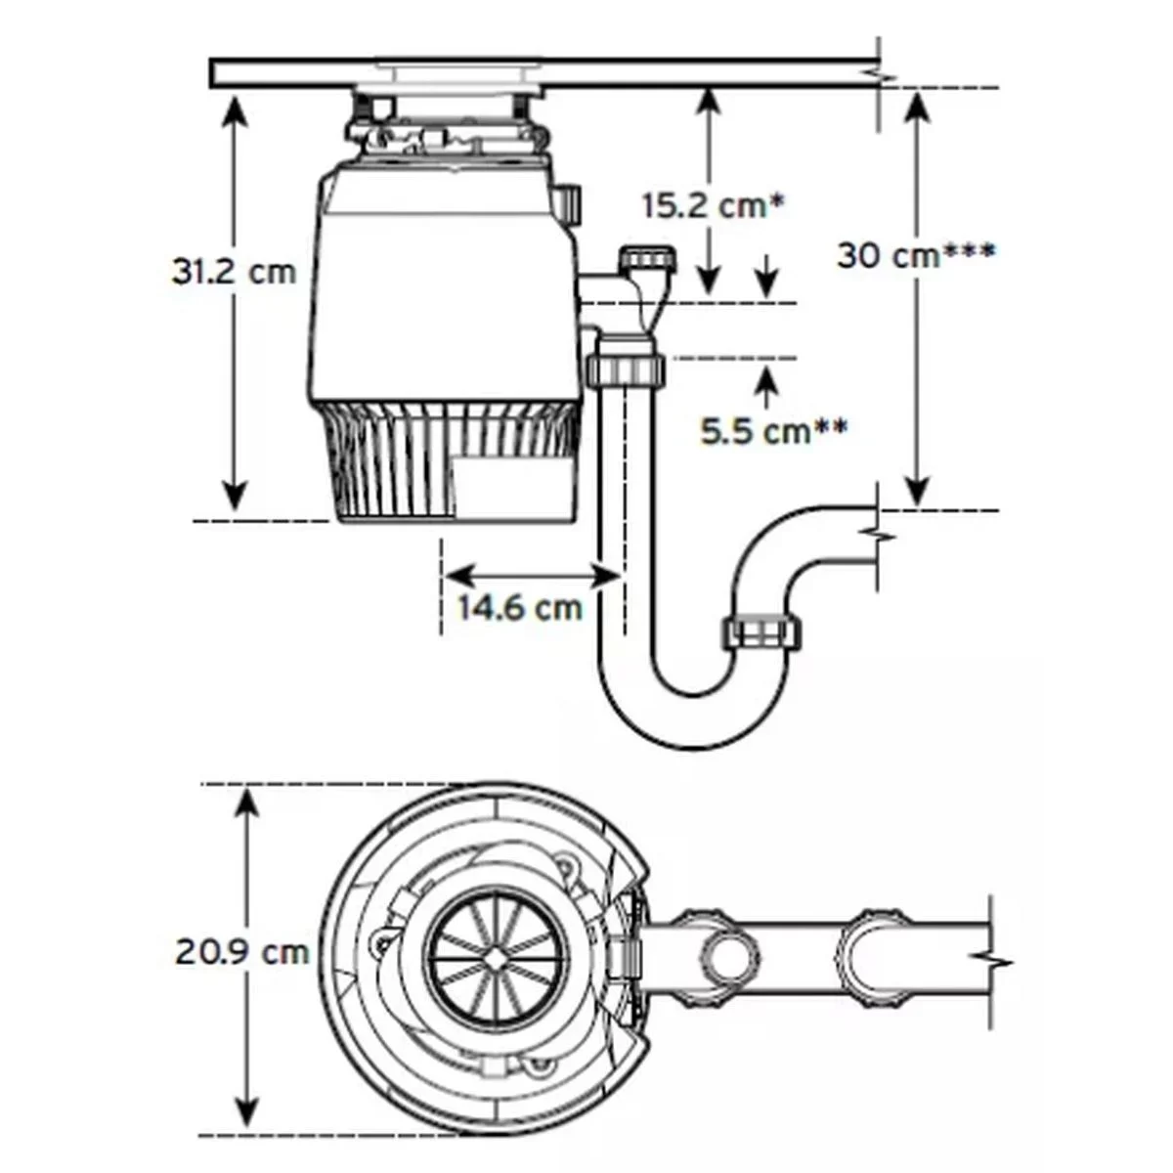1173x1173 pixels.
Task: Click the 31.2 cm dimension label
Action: pos(234,271)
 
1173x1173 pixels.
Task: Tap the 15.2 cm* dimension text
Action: pos(714,206)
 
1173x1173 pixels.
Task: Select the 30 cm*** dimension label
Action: pos(916,256)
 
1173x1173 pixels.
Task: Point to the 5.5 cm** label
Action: pos(773,430)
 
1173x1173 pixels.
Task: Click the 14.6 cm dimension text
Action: pos(521,607)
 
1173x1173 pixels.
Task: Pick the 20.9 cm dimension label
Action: pos(242,951)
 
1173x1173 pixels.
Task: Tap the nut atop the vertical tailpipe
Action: pos(627,370)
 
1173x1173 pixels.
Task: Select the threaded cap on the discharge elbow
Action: pos(650,260)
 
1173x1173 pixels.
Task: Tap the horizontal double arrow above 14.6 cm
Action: pos(533,575)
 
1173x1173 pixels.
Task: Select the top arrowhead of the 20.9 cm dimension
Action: pos(248,802)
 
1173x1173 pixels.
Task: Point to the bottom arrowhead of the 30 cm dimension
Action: pos(916,494)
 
